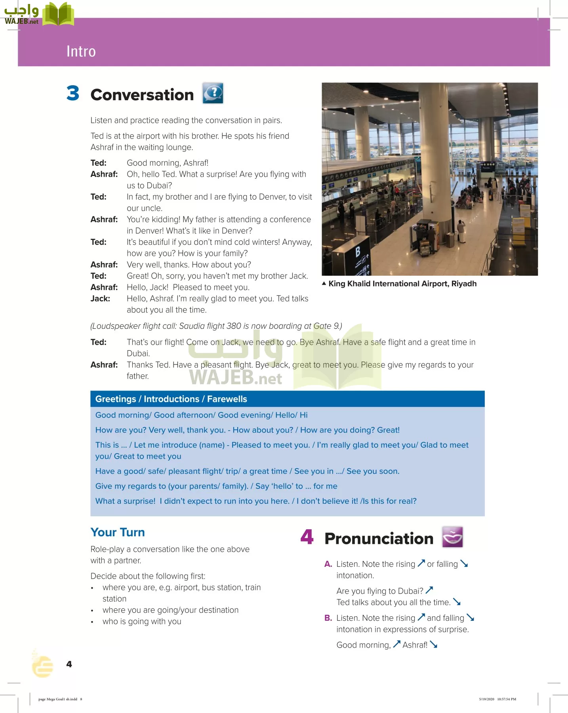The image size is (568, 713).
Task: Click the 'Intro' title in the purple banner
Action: click(81, 51)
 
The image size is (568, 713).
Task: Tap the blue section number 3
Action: click(73, 93)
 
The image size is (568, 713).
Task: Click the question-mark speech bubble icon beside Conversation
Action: click(213, 93)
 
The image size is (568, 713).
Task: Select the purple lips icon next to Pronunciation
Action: click(452, 537)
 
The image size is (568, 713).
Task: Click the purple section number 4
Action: click(307, 537)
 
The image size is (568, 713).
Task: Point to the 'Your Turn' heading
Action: click(118, 532)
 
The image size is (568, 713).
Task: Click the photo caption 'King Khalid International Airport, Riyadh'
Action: click(402, 284)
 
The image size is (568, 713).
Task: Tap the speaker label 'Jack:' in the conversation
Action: click(100, 299)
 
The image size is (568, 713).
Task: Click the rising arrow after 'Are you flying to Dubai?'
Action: click(429, 590)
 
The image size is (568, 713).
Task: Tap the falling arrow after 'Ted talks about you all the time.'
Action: click(457, 602)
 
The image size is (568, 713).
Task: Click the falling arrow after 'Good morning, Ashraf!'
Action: click(434, 645)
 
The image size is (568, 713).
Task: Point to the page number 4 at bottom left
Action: click(69, 664)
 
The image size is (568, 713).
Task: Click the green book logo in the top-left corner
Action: click(58, 14)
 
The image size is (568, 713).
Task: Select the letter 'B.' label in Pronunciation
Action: click(328, 618)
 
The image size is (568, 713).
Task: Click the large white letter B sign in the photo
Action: click(358, 252)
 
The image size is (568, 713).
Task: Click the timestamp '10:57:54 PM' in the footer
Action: click(507, 699)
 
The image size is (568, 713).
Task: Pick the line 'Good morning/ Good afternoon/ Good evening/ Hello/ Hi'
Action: click(201, 415)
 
